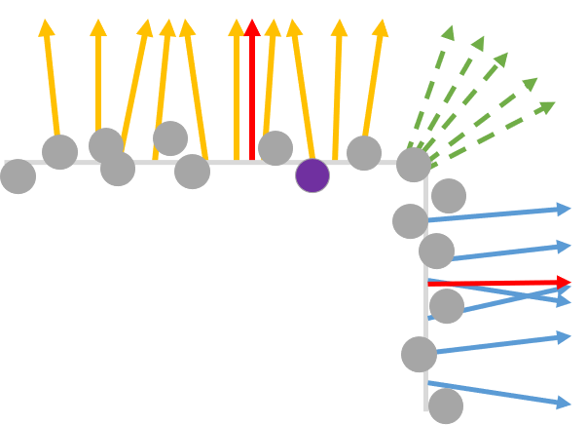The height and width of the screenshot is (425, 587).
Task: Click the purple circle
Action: [x=312, y=175]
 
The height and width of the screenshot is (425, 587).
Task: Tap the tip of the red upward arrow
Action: [x=252, y=25]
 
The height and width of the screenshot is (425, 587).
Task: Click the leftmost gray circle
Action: [x=18, y=176]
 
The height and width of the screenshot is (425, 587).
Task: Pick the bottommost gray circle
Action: [x=446, y=406]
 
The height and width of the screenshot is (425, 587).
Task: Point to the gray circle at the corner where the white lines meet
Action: [x=414, y=165]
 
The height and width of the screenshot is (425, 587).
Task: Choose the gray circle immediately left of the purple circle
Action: [x=275, y=148]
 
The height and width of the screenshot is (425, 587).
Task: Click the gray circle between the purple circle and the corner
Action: [x=364, y=153]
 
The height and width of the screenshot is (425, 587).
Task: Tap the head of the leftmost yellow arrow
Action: [x=47, y=27]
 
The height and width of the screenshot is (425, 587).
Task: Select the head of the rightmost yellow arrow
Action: [x=380, y=27]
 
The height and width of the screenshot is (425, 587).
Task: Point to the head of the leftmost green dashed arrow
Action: [x=448, y=32]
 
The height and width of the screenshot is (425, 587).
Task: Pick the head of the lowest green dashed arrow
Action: [x=547, y=105]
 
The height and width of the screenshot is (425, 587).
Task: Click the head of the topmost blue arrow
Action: [x=564, y=208]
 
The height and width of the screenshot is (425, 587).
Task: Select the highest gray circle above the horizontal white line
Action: [x=170, y=138]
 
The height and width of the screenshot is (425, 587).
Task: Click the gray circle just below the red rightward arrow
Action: [x=447, y=306]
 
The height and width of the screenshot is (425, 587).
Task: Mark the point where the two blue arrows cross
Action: [x=533, y=293]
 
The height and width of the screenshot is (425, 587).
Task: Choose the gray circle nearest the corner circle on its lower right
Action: [x=449, y=196]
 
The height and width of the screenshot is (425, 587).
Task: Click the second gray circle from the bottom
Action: [x=420, y=354]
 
